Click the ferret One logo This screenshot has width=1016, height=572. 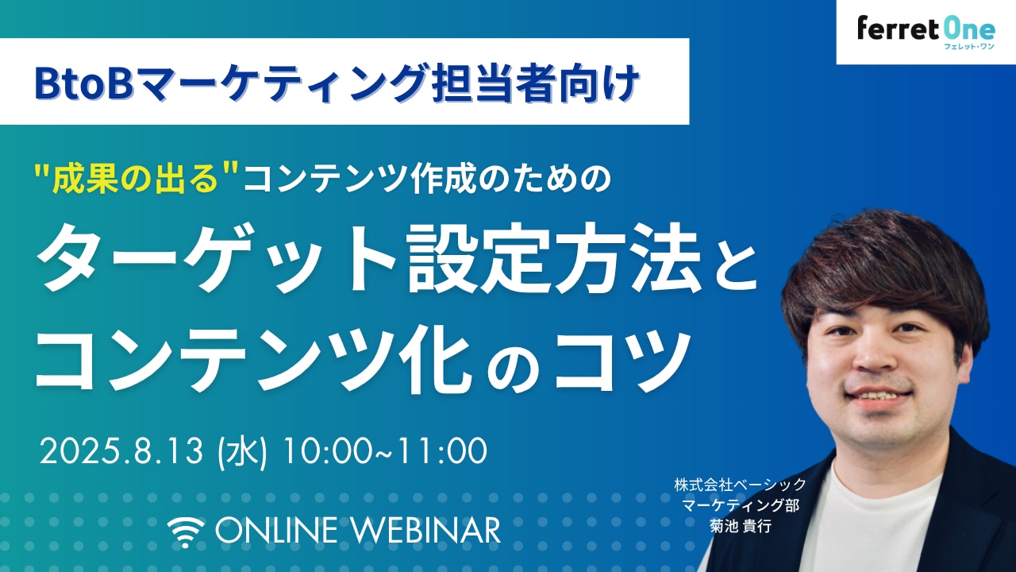(x=926, y=33)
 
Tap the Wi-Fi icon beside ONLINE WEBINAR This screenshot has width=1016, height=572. (x=186, y=532)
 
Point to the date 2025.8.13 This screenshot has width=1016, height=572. (x=121, y=451)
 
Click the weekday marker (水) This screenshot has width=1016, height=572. (x=242, y=452)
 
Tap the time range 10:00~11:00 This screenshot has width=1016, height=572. (x=385, y=451)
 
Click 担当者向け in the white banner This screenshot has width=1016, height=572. (x=535, y=83)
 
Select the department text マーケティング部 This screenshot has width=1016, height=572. (x=741, y=505)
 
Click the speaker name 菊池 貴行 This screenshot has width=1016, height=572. (x=741, y=526)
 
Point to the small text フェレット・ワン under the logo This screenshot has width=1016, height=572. (x=969, y=46)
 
